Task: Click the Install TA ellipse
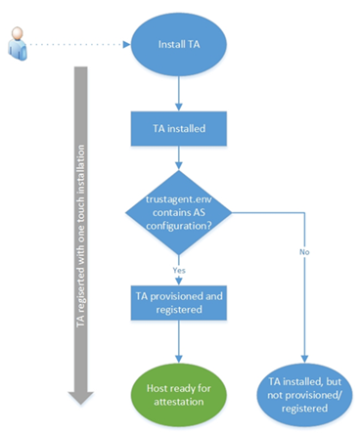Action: pyautogui.click(x=178, y=44)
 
